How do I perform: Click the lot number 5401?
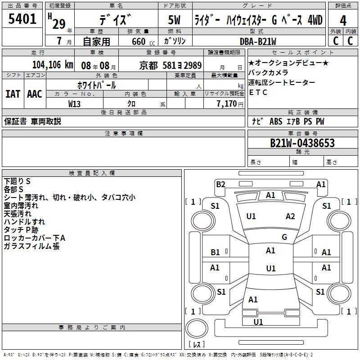[x=22, y=19]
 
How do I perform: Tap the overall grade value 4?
[x=343, y=21]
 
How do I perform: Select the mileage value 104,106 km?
[x=53, y=65]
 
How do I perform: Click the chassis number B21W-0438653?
[x=302, y=143]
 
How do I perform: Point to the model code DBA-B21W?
[x=258, y=41]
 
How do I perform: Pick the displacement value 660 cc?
[x=143, y=41]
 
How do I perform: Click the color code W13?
[x=74, y=104]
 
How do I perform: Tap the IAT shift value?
[x=13, y=94]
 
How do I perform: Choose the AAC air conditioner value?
[x=35, y=94]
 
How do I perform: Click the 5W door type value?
[x=174, y=20]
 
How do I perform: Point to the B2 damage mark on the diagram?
[x=220, y=184]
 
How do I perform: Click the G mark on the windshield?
[x=284, y=237]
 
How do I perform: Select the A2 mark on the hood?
[x=290, y=216]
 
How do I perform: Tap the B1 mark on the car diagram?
[x=215, y=252]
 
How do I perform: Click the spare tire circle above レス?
[x=197, y=328]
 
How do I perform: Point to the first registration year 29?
[x=59, y=24]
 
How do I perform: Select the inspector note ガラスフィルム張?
[x=31, y=246]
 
